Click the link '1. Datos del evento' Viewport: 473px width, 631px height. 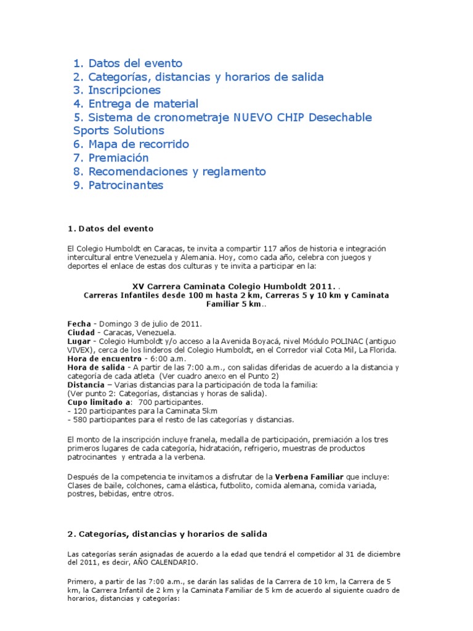pos(127,63)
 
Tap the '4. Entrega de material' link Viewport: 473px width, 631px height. pos(135,104)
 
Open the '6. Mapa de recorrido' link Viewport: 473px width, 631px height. pos(131,144)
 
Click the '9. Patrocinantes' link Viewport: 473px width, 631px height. pos(118,185)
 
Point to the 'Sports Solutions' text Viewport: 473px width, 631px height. pos(118,131)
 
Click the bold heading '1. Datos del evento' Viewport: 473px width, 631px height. pos(110,229)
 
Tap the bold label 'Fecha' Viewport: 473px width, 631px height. pos(79,324)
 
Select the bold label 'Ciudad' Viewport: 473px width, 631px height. pos(81,333)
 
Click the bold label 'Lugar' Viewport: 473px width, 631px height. pos(79,341)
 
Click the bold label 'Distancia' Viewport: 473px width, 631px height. pos(86,385)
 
